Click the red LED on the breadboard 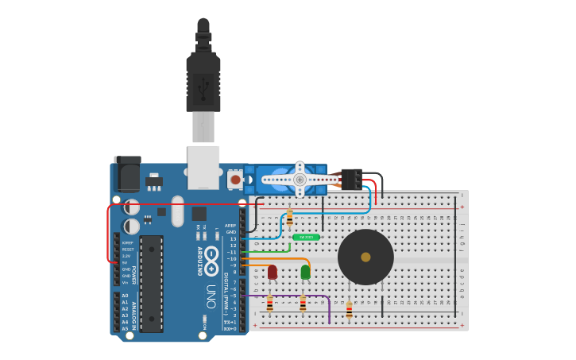[273, 272]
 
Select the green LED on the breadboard [305, 272]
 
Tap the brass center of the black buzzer [365, 257]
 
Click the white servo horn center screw [300, 180]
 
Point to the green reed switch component [306, 237]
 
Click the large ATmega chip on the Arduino [152, 283]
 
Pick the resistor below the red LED [270, 303]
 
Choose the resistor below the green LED [303, 303]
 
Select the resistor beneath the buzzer [349, 309]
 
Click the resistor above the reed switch [289, 217]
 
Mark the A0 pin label [124, 296]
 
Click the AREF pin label [230, 226]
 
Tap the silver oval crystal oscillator [177, 211]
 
